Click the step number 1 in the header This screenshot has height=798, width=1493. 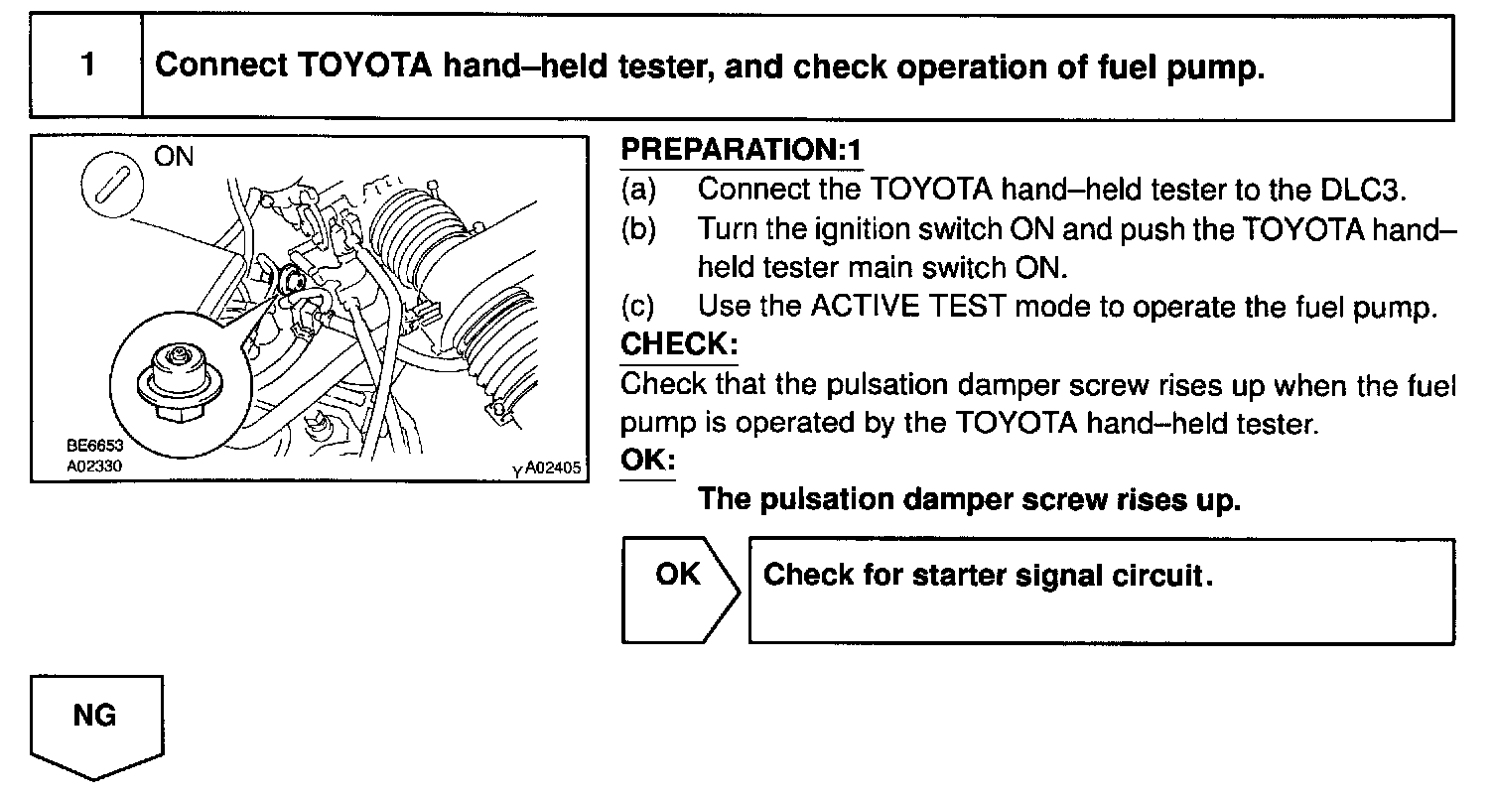pyautogui.click(x=88, y=66)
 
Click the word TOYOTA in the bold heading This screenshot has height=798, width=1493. pyautogui.click(x=360, y=66)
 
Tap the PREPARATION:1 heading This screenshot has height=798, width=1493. pyautogui.click(x=741, y=150)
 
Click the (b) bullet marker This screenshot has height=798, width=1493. pyautogui.click(x=637, y=228)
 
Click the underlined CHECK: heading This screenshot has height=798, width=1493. pyautogui.click(x=679, y=344)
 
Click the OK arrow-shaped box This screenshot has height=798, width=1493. pyautogui.click(x=680, y=590)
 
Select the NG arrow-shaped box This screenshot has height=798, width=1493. pyautogui.click(x=96, y=726)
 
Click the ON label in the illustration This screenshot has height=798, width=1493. pyautogui.click(x=175, y=156)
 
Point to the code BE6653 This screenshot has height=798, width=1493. pyautogui.click(x=95, y=446)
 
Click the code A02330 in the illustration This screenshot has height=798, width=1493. pyautogui.click(x=95, y=463)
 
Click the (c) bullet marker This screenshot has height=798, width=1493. pyautogui.click(x=637, y=307)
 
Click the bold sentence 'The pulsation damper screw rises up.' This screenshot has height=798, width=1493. pyautogui.click(x=970, y=498)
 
